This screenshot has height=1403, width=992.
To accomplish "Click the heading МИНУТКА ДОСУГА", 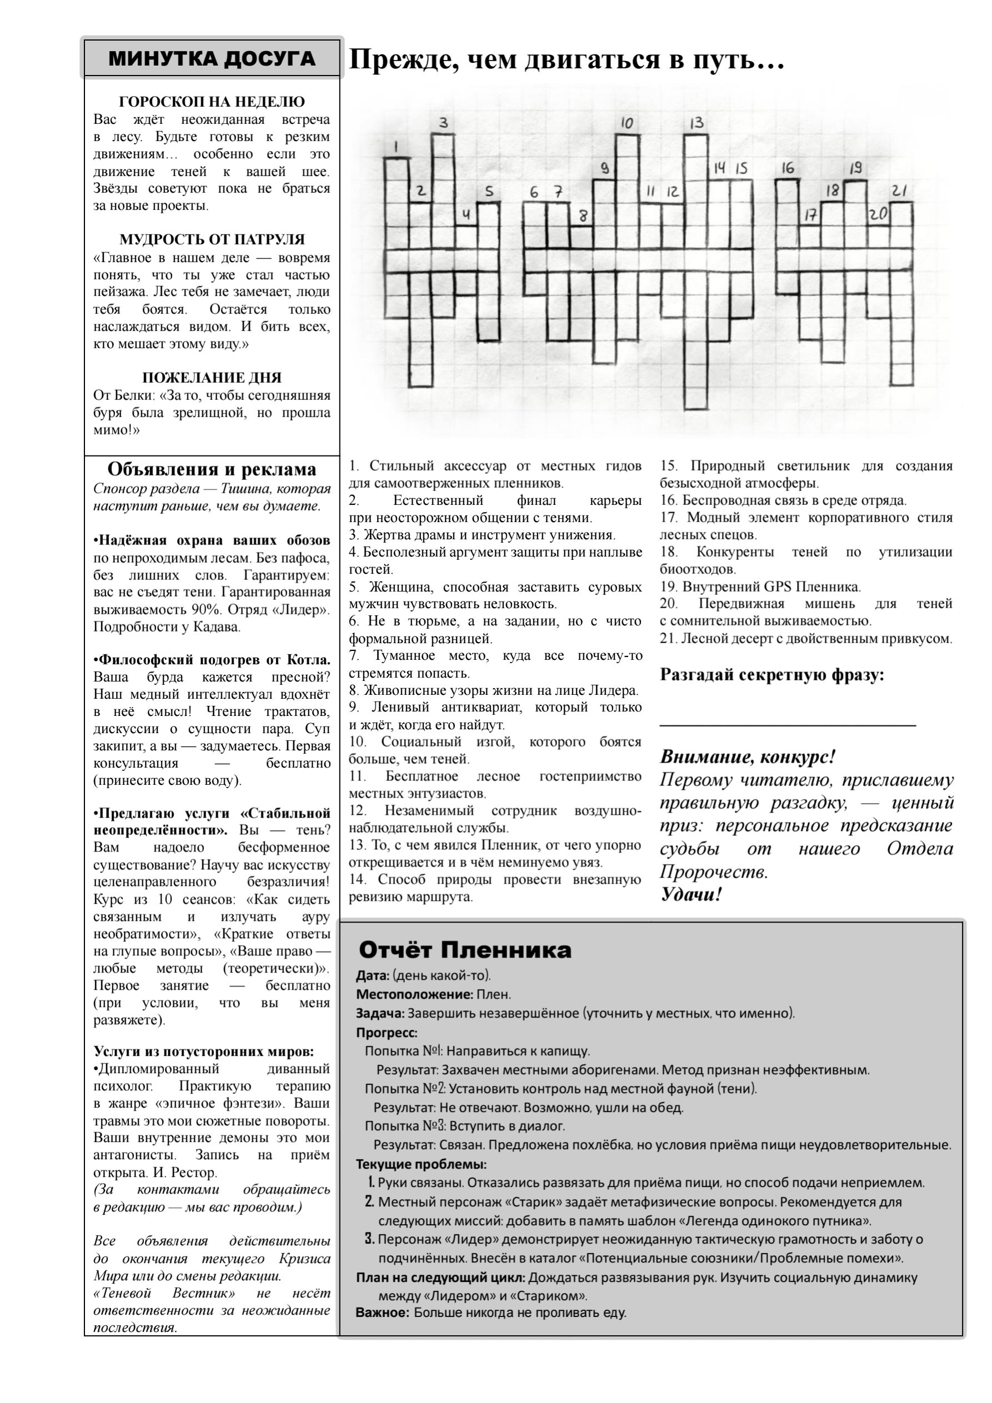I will [x=212, y=59].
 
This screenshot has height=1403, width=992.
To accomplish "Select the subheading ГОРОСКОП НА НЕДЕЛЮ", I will [x=212, y=102].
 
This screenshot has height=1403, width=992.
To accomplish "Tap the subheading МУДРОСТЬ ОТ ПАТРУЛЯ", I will [x=212, y=239].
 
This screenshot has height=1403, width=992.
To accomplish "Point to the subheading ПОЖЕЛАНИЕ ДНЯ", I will [x=212, y=378].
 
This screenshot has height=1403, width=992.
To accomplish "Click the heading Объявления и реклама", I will [x=212, y=469].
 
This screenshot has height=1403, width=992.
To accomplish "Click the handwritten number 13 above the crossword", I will [x=696, y=123].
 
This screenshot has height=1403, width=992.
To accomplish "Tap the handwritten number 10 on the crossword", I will [x=627, y=123].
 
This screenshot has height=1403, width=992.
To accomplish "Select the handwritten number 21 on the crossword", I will [x=899, y=191].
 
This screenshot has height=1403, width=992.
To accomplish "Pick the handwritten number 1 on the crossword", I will [x=396, y=147].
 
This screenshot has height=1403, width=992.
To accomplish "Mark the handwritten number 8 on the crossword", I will [x=583, y=215].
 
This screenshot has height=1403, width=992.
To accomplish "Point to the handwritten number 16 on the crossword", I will [x=788, y=168].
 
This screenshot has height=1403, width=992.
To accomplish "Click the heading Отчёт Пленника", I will [x=464, y=950].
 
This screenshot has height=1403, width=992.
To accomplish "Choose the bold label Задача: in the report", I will [x=380, y=1013].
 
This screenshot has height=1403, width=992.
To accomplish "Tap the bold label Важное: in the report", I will [x=383, y=1312].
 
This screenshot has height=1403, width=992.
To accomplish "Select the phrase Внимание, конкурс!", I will [x=747, y=757].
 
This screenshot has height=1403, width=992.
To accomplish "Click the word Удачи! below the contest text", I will [x=690, y=895].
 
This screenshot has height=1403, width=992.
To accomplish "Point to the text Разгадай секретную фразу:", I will [x=771, y=675].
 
